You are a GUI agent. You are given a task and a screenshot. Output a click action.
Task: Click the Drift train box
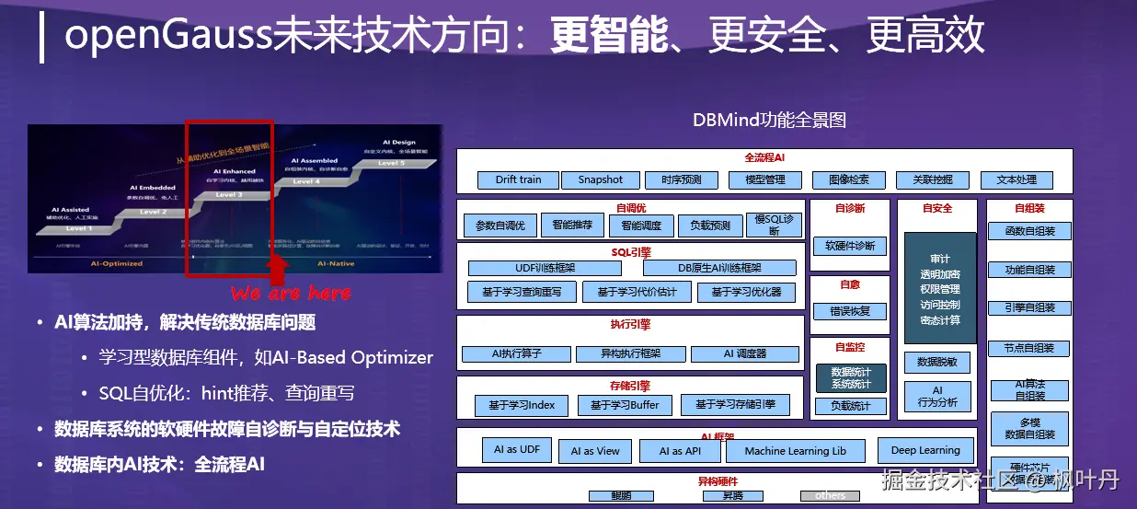coord(518,179)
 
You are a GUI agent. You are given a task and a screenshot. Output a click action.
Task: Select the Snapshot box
coord(600,179)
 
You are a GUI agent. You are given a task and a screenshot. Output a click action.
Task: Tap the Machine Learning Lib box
coord(795,451)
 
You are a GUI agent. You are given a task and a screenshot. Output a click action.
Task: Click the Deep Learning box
coord(925,450)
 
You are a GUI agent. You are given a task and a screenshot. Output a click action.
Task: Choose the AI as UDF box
coord(517,450)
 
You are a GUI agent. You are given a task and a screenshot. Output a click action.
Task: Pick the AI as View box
coord(594,451)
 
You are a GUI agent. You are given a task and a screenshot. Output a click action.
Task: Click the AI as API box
coord(680,451)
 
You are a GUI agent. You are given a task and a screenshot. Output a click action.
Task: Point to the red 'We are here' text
coord(291,293)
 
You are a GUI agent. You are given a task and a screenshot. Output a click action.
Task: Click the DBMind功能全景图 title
coord(769,120)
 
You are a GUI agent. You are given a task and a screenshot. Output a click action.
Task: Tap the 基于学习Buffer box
coord(625,405)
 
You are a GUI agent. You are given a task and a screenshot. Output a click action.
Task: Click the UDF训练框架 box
coord(545,268)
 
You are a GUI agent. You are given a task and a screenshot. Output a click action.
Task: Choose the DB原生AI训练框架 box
coord(719,268)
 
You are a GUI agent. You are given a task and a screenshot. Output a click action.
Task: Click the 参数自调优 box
coord(500,226)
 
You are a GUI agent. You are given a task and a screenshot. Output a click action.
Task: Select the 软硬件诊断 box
coord(849,247)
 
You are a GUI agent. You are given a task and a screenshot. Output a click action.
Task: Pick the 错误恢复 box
coord(849,311)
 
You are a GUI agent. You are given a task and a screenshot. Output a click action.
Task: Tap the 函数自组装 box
coord(1029,231)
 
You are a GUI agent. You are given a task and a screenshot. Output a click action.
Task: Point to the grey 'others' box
coord(830,496)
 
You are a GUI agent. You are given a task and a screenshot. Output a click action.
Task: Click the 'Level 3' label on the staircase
coord(229,195)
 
